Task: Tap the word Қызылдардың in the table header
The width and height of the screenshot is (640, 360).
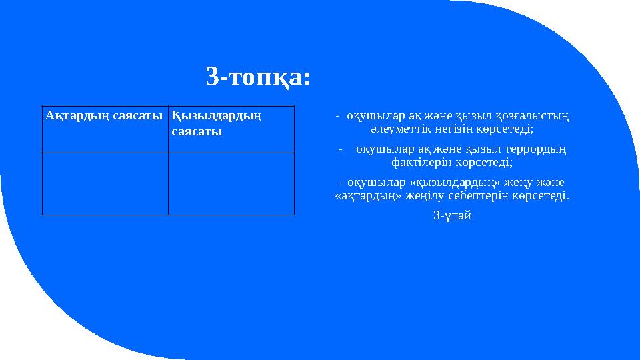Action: pyautogui.click(x=215, y=116)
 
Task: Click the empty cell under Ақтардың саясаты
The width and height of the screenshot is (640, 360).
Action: pyautogui.click(x=105, y=183)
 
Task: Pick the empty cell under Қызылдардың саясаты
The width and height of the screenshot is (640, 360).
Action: pyautogui.click(x=231, y=183)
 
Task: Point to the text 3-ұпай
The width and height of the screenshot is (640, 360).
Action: pyautogui.click(x=452, y=216)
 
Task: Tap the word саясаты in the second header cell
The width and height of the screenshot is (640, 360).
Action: pyautogui.click(x=197, y=131)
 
